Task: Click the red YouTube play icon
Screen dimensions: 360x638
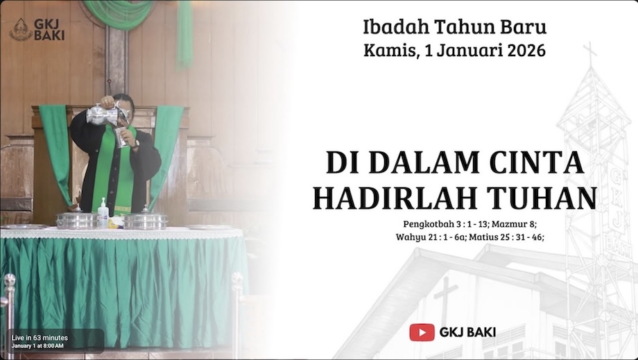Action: pos(422,332)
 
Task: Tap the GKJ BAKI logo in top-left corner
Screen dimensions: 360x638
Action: pos(36,29)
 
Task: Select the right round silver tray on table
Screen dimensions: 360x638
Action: pos(146,220)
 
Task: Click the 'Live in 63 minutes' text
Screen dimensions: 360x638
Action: pos(40,338)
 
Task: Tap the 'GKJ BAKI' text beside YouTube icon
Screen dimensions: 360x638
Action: pos(467,332)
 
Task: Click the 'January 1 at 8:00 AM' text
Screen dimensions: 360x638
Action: pos(38,345)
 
